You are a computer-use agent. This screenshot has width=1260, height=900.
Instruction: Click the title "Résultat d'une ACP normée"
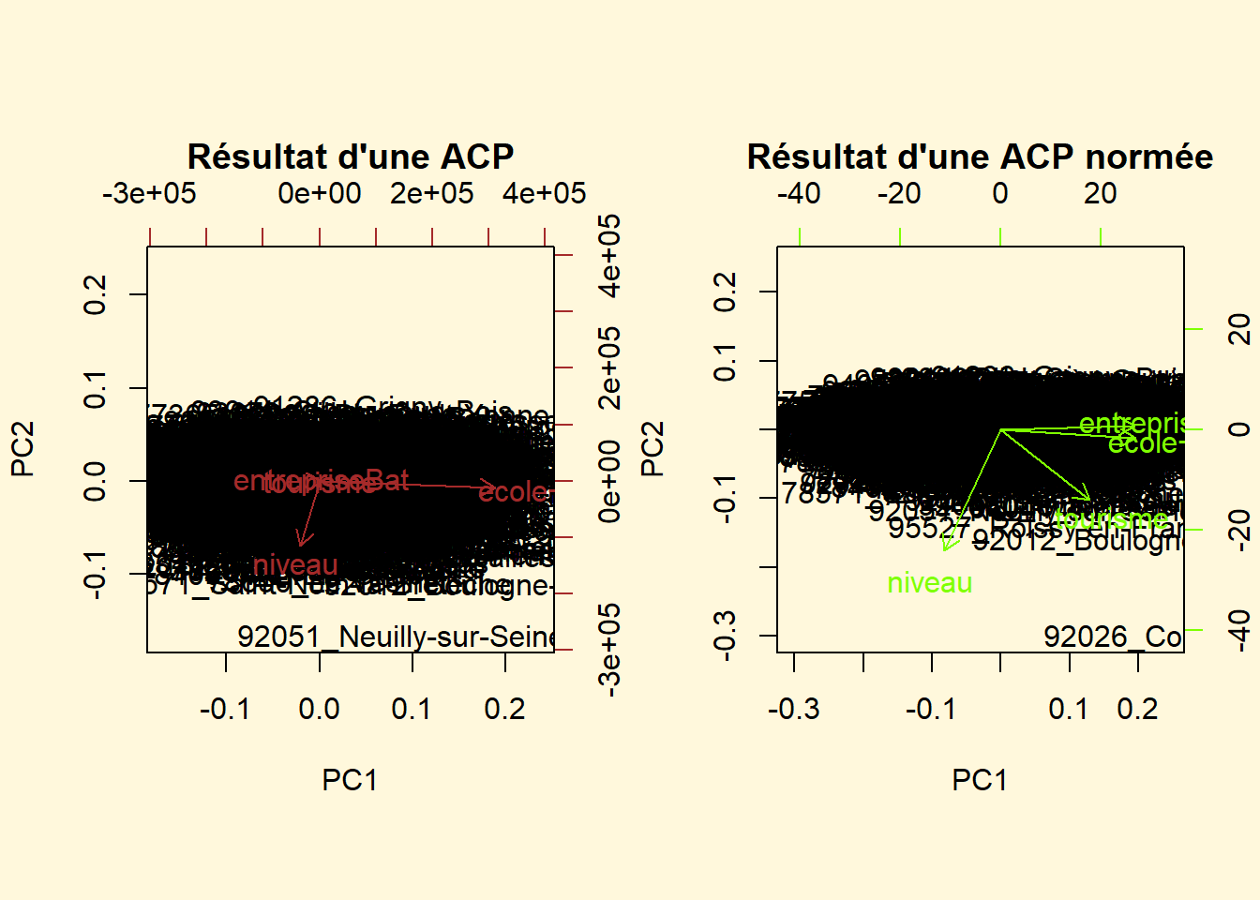pyautogui.click(x=980, y=157)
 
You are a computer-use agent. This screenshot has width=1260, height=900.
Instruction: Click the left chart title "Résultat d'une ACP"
pyautogui.click(x=350, y=157)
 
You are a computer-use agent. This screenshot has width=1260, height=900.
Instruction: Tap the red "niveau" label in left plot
pyautogui.click(x=295, y=564)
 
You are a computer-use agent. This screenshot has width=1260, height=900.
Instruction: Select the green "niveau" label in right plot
pyautogui.click(x=929, y=583)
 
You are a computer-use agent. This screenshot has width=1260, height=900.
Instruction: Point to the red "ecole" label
pyautogui.click(x=513, y=491)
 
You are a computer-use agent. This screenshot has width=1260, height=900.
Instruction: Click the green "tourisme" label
pyautogui.click(x=1111, y=519)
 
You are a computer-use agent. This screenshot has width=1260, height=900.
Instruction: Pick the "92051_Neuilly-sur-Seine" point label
pyautogui.click(x=396, y=637)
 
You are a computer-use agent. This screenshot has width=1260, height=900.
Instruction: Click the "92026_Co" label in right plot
pyautogui.click(x=1113, y=637)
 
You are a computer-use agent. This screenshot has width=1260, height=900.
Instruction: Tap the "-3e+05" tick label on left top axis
pyautogui.click(x=149, y=194)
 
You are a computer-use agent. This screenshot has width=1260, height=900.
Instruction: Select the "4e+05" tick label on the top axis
pyautogui.click(x=544, y=194)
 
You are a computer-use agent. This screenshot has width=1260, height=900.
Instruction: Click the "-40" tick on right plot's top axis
pyautogui.click(x=799, y=194)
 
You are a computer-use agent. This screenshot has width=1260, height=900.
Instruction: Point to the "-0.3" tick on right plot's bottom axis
pyautogui.click(x=793, y=709)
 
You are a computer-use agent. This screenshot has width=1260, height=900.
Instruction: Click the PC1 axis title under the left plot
pyautogui.click(x=350, y=780)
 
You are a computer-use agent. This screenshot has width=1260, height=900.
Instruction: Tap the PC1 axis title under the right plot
pyautogui.click(x=980, y=780)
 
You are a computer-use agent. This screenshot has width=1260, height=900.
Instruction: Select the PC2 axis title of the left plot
pyautogui.click(x=22, y=448)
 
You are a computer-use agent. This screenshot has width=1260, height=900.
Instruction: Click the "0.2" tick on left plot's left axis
pyautogui.click(x=95, y=294)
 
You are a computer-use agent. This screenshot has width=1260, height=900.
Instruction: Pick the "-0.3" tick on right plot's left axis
pyautogui.click(x=725, y=637)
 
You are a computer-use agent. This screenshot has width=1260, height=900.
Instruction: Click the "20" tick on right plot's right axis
pyautogui.click(x=1238, y=329)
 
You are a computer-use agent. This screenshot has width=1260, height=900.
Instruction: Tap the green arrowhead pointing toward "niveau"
pyautogui.click(x=946, y=547)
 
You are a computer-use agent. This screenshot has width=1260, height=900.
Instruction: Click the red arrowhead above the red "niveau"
pyautogui.click(x=301, y=541)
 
